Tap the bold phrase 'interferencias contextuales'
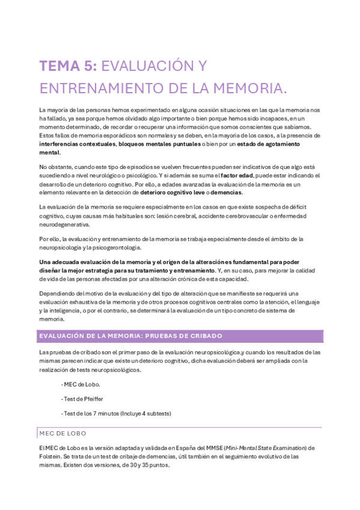click(x=77, y=144)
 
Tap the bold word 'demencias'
click(x=225, y=192)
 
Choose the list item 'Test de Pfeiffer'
click(x=82, y=399)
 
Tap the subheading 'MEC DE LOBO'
click(x=63, y=432)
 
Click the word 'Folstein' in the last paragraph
click(x=50, y=457)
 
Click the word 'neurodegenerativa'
click(x=64, y=224)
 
